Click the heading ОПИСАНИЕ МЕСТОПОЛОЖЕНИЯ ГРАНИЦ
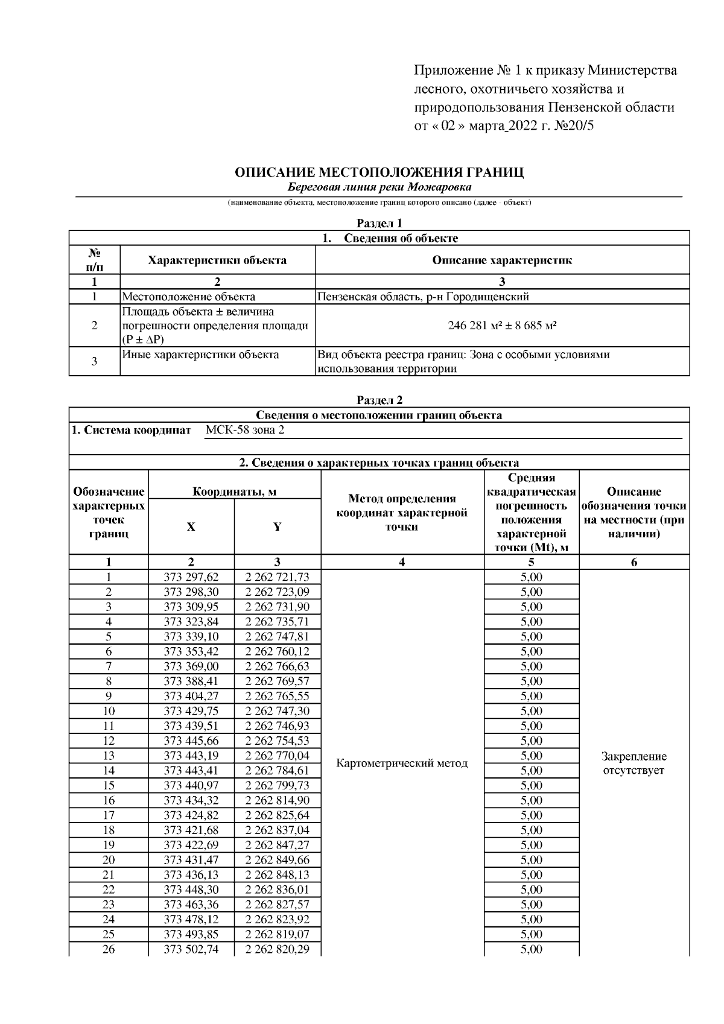tap(379, 172)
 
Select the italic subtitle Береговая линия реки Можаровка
tap(379, 188)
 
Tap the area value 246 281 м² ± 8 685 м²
tap(502, 325)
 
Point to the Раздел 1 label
tap(379, 224)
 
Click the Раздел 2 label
tap(379, 400)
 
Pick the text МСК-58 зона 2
tap(244, 430)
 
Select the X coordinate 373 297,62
tap(191, 577)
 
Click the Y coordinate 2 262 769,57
tap(277, 681)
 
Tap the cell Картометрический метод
tap(402, 763)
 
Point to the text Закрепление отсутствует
tap(634, 763)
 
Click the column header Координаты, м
tap(234, 492)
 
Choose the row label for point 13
tap(109, 756)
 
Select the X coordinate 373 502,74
tap(191, 949)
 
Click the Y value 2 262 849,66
tap(277, 860)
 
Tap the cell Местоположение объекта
tap(189, 297)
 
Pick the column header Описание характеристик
tap(502, 261)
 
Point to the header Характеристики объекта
tap(217, 261)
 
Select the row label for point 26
tap(109, 949)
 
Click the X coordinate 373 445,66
tap(191, 741)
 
